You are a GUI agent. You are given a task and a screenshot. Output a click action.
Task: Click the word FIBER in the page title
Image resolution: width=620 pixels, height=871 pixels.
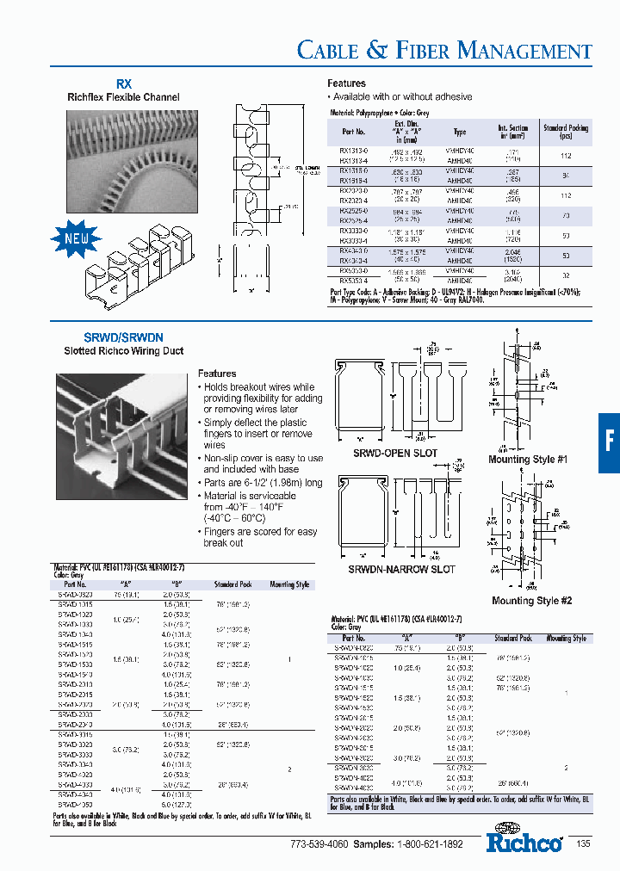[421, 51]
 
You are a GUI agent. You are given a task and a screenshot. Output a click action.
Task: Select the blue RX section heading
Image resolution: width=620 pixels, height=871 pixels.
[124, 84]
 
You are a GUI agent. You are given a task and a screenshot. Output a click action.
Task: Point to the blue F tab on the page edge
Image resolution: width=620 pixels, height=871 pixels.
[609, 442]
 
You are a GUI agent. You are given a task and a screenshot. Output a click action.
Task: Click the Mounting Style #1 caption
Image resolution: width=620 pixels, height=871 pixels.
[528, 460]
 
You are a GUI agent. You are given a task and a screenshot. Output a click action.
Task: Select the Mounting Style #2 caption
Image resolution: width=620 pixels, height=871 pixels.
[531, 601]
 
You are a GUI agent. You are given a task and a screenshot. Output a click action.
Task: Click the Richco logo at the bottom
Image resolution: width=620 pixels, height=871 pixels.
[524, 840]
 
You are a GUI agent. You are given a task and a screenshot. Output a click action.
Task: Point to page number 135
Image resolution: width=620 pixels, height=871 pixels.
[583, 844]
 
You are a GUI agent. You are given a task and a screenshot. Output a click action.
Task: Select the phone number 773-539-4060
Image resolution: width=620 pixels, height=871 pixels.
[319, 845]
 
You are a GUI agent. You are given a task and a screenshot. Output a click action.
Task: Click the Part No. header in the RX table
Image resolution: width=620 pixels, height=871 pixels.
[353, 132]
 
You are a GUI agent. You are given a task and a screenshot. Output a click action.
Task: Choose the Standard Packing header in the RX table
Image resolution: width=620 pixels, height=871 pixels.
[566, 132]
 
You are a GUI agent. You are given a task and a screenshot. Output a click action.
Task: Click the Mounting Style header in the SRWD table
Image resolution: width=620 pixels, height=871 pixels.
[289, 584]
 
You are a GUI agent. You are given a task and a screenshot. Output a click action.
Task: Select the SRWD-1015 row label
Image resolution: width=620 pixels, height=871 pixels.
[76, 603]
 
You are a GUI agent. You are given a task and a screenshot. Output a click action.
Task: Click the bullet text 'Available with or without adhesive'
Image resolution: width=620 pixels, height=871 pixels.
[401, 96]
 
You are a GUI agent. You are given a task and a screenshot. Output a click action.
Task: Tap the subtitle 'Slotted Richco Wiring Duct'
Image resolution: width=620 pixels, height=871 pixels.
[123, 351]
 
